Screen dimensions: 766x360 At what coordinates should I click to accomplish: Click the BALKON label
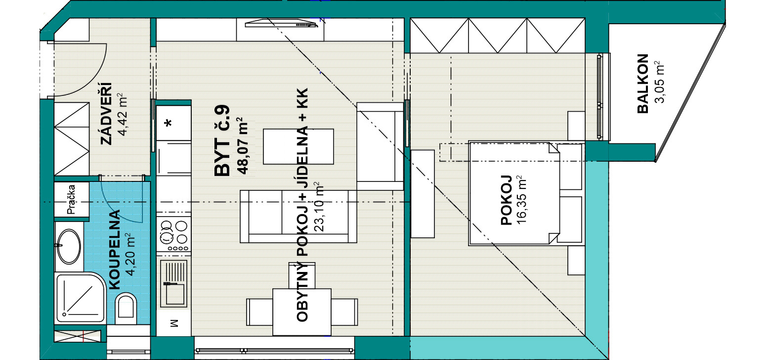(x=643, y=84)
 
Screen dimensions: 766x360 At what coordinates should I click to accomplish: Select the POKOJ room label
(x=507, y=200)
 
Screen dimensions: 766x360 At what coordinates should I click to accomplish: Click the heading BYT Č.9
(x=222, y=140)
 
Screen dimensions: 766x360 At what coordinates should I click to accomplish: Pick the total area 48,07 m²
(x=242, y=146)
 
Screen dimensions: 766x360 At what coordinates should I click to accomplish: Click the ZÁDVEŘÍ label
(x=106, y=114)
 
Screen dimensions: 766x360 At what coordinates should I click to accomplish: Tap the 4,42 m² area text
(x=122, y=114)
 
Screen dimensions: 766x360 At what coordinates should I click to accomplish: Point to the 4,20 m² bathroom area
(x=130, y=254)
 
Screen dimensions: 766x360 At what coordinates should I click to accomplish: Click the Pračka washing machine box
(x=72, y=199)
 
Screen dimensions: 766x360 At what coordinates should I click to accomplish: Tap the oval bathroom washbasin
(x=69, y=246)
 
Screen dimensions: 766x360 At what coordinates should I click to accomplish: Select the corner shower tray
(x=81, y=298)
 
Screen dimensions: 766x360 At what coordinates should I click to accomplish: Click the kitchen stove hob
(x=174, y=235)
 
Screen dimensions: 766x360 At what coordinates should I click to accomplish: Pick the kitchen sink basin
(x=174, y=283)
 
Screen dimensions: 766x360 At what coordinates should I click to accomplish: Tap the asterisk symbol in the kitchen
(x=168, y=123)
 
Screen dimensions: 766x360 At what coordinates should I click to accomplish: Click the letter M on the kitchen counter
(x=174, y=323)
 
